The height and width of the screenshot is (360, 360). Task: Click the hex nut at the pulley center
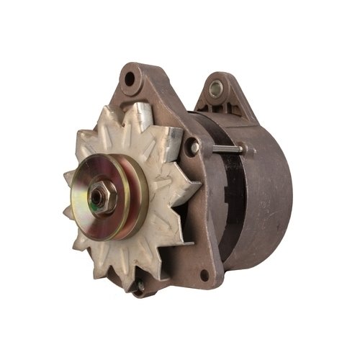[x=98, y=194]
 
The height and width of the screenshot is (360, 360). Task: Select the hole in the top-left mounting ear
[x=130, y=78]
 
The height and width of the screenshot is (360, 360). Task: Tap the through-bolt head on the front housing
[x=195, y=148]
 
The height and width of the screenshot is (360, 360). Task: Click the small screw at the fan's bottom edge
[x=141, y=286]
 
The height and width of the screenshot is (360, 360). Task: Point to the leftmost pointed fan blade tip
[x=65, y=175]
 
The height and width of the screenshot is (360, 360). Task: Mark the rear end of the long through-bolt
[x=249, y=150]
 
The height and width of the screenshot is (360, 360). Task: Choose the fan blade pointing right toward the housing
[x=189, y=189]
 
